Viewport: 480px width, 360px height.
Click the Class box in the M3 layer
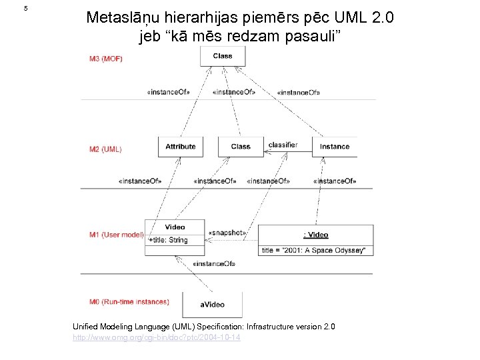[223, 55]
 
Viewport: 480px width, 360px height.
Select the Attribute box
[180, 147]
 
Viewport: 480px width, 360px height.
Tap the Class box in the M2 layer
[241, 147]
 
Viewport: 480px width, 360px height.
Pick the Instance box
[334, 147]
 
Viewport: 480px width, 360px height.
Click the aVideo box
[212, 304]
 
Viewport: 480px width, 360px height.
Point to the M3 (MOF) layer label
[106, 59]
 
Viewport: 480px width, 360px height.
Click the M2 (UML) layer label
[105, 149]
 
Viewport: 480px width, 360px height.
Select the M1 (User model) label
[116, 235]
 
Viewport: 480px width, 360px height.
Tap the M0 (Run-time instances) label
[129, 302]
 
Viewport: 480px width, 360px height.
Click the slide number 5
[25, 9]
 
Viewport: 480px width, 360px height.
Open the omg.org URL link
[157, 338]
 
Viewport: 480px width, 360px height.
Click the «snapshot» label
[227, 233]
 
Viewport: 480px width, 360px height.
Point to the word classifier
[283, 145]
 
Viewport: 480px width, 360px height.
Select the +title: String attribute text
[168, 240]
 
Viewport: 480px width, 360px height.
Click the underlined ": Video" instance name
[316, 235]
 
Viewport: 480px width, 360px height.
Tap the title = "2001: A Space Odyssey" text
[313, 250]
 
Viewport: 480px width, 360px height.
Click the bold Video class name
[175, 227]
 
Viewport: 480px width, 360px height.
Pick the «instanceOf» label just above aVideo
[213, 264]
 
